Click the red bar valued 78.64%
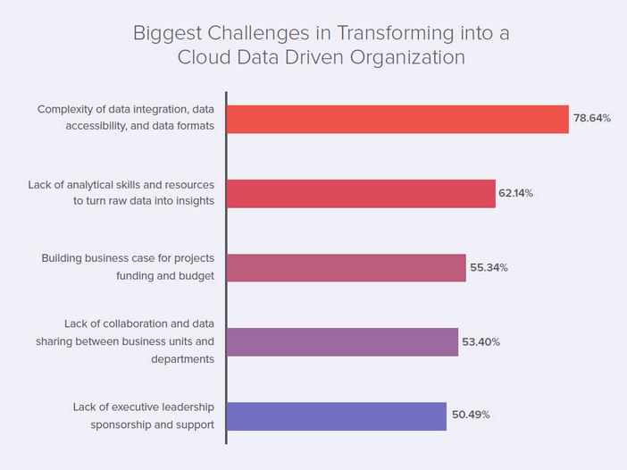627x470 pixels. pyautogui.click(x=397, y=119)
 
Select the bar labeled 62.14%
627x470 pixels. pyautogui.click(x=361, y=193)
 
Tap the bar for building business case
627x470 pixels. pyautogui.click(x=347, y=267)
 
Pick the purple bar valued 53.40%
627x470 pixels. pyautogui.click(x=342, y=342)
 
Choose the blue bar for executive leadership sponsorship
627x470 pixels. pyautogui.click(x=337, y=415)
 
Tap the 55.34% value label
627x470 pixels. pyautogui.click(x=489, y=267)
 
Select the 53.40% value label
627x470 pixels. pyautogui.click(x=481, y=342)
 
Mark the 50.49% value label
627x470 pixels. pyautogui.click(x=470, y=415)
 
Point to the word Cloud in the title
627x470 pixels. pyautogui.click(x=202, y=57)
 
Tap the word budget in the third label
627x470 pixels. pyautogui.click(x=195, y=275)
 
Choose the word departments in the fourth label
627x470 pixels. pyautogui.click(x=183, y=358)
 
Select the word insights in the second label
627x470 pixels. pyautogui.click(x=193, y=201)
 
